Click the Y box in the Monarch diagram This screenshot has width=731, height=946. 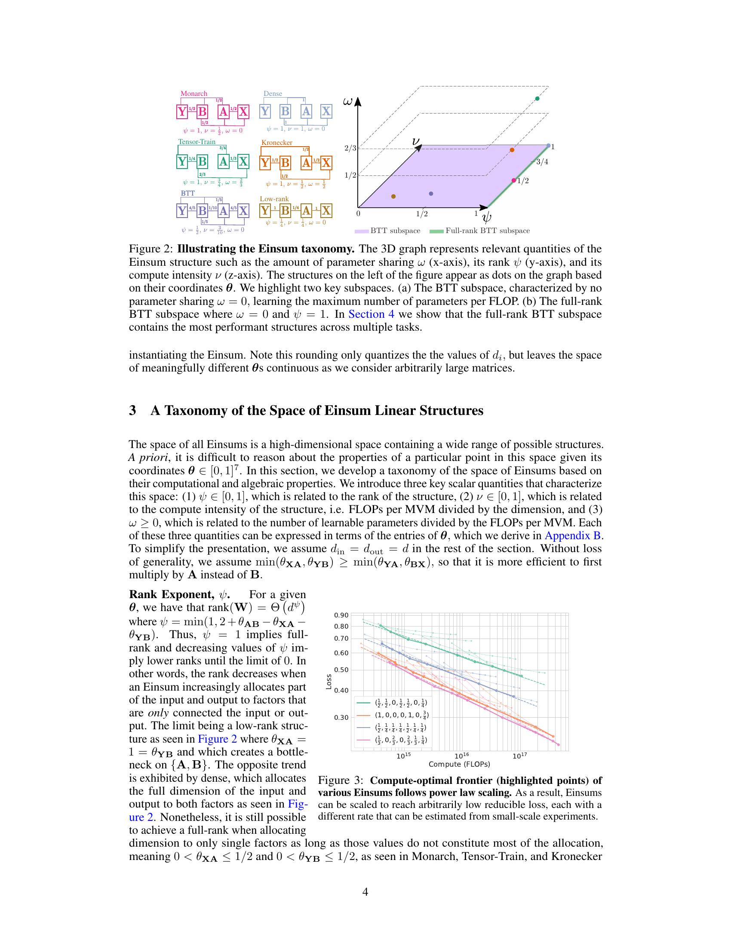[x=182, y=112]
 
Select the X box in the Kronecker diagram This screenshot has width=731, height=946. [x=326, y=163]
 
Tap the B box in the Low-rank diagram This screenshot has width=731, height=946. [x=285, y=211]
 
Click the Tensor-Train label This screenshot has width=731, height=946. [x=197, y=141]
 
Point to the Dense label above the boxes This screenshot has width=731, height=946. [x=273, y=94]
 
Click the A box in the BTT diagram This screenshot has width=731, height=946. [x=223, y=211]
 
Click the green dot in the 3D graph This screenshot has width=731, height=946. [x=537, y=99]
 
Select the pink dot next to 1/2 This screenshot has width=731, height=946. [x=513, y=180]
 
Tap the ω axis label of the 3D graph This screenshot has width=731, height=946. [x=347, y=101]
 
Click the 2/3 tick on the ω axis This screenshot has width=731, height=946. [x=350, y=149]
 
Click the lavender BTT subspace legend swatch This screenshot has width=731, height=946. [x=362, y=231]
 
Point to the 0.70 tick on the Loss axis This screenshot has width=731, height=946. [x=341, y=639]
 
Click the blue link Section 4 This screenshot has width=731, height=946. [x=371, y=314]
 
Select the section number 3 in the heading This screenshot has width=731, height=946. [x=132, y=410]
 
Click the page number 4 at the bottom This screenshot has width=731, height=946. [x=365, y=892]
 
